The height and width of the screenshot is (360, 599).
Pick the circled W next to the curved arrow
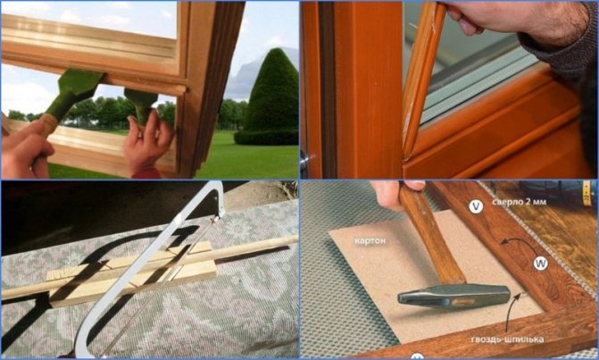coord(540,263)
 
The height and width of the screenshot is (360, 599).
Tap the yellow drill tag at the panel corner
coord(587,191)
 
